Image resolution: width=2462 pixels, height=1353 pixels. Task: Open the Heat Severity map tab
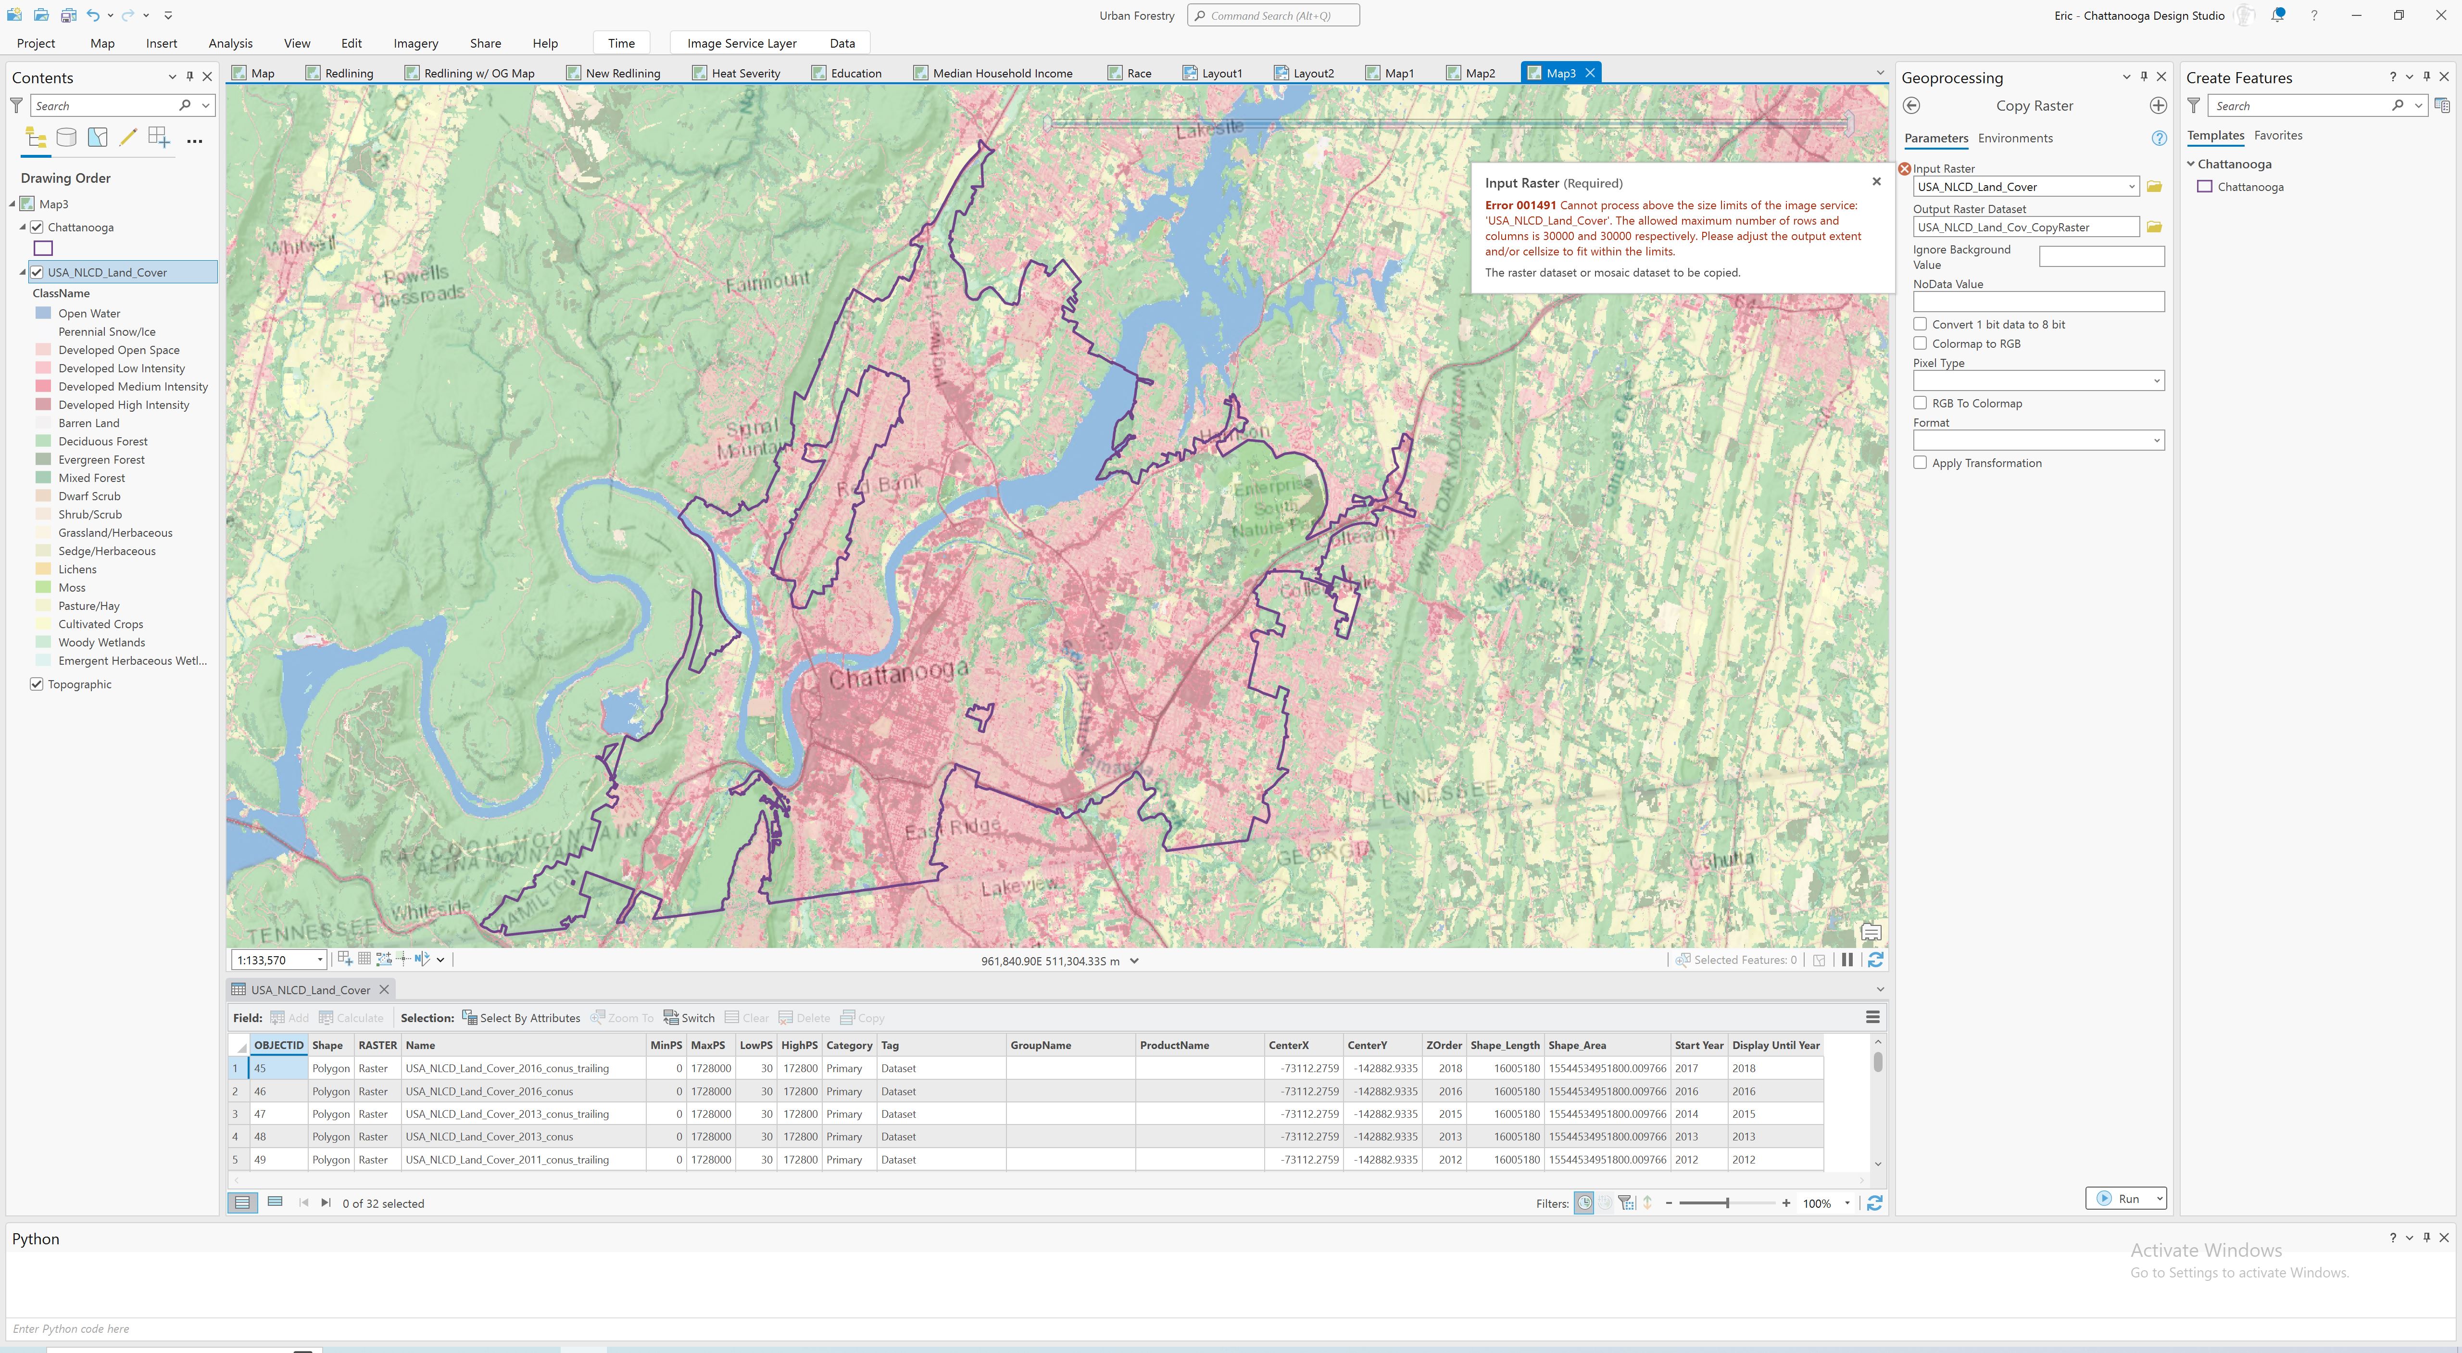click(744, 73)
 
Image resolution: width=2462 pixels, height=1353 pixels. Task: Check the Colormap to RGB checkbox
click(1920, 343)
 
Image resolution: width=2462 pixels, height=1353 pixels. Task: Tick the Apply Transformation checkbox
click(1920, 463)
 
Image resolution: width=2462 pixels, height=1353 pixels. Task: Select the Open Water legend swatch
click(43, 313)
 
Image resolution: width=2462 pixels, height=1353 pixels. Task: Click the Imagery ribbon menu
click(415, 43)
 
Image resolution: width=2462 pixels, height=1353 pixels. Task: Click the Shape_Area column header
click(1577, 1045)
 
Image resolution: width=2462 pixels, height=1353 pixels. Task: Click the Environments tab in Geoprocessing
click(2015, 138)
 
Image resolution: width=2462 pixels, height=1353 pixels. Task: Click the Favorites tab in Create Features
click(2277, 135)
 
